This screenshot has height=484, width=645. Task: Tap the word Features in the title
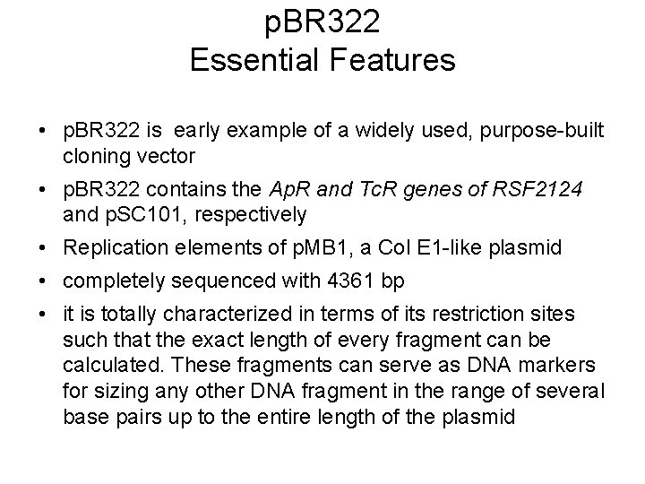(x=391, y=61)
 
